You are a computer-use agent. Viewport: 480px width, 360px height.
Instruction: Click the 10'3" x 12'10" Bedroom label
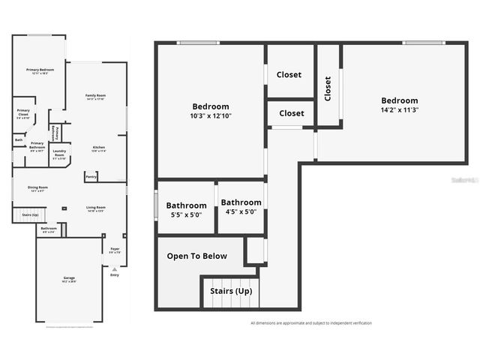tap(211, 111)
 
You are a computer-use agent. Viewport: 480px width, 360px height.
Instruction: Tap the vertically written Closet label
tap(328, 88)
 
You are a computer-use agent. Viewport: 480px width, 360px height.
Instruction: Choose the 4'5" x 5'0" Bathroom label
tap(241, 206)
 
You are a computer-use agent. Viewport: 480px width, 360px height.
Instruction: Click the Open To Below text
tap(196, 256)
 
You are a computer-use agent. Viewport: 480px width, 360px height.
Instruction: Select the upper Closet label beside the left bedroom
tap(289, 75)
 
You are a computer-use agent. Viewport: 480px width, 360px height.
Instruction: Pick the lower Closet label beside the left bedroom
tap(291, 113)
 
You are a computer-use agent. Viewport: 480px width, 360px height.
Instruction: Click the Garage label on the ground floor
tap(69, 280)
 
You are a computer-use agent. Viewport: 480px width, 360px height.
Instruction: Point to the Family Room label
tap(95, 97)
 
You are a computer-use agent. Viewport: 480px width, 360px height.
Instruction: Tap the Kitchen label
tap(99, 148)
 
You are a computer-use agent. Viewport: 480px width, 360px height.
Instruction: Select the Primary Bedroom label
tap(40, 71)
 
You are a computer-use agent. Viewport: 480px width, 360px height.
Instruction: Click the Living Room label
tap(94, 208)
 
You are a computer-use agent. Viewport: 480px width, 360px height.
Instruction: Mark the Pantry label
tap(90, 177)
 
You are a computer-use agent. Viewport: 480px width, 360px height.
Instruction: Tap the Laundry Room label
tap(59, 156)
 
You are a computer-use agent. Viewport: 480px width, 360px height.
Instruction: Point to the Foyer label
tap(115, 250)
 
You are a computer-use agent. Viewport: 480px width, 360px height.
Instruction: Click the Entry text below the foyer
tap(114, 275)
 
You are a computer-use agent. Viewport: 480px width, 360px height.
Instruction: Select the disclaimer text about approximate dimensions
tap(310, 323)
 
